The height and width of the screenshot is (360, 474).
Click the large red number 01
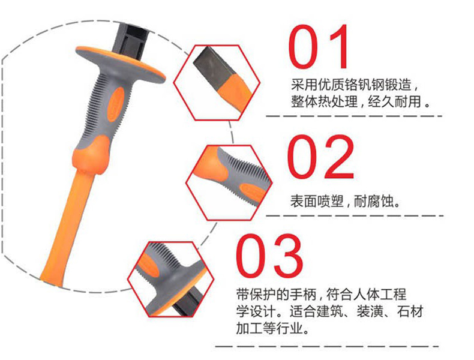tap(319, 47)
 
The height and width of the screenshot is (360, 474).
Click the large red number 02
tap(320, 157)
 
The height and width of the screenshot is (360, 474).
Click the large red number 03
tap(269, 256)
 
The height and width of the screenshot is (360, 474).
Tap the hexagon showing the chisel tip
tap(217, 83)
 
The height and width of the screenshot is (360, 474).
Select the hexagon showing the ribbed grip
tap(229, 182)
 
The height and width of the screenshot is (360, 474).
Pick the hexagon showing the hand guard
tap(170, 279)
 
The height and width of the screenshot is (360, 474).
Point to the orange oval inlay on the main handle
tap(116, 104)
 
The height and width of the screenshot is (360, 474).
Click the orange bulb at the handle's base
tap(91, 155)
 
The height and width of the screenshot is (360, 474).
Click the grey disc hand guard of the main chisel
tap(121, 64)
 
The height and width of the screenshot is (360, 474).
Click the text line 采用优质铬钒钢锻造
tap(354, 85)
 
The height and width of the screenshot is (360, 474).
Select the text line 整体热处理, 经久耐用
tap(361, 101)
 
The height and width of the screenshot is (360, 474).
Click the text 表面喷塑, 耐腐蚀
tap(345, 201)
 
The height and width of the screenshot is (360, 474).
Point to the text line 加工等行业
tap(272, 328)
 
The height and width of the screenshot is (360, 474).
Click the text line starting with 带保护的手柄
tap(322, 294)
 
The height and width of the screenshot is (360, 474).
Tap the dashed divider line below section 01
tap(354, 116)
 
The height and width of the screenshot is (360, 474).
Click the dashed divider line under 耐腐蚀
tap(355, 216)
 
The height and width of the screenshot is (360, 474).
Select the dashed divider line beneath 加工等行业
tap(327, 346)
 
